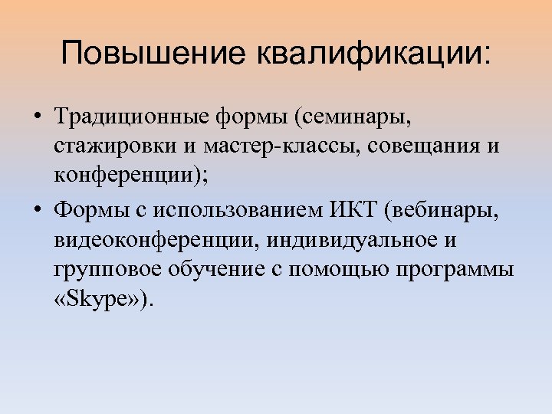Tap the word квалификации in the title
(x=373, y=54)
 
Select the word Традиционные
(x=131, y=118)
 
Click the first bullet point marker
(x=37, y=119)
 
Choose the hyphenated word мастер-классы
(x=278, y=148)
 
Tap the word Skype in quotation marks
(x=103, y=299)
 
